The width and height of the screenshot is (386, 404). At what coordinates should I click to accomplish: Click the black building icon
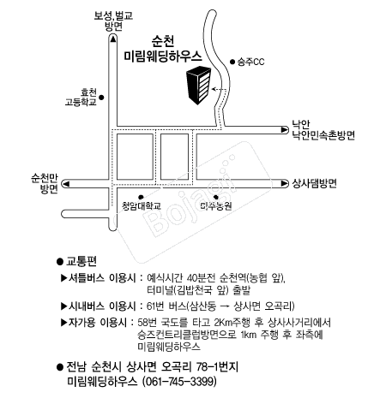click(x=198, y=85)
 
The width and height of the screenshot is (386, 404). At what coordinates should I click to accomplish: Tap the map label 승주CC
click(x=250, y=62)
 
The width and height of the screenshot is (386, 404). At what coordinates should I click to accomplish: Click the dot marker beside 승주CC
click(x=232, y=62)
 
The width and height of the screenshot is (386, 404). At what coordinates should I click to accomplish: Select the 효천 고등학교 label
click(x=81, y=98)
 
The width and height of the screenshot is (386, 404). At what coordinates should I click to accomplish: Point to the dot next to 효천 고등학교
click(x=101, y=98)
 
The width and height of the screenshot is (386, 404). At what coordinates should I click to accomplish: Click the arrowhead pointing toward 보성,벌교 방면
click(x=113, y=39)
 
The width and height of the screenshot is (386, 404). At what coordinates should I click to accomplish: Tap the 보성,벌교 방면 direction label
click(x=113, y=21)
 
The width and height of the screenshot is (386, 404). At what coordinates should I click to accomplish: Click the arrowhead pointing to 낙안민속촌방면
click(x=285, y=130)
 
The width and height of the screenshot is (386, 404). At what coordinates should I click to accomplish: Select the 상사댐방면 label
click(x=314, y=183)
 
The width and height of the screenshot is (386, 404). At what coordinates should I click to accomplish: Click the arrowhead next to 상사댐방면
click(x=285, y=183)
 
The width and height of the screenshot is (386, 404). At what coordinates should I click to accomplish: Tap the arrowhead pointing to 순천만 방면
click(x=66, y=184)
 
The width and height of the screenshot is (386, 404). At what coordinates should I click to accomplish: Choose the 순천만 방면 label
click(x=45, y=183)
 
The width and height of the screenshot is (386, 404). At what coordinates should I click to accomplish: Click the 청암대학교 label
click(x=142, y=206)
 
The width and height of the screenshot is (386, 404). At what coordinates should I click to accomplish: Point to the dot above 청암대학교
click(x=141, y=197)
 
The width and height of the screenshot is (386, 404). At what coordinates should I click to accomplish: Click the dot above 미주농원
click(x=216, y=197)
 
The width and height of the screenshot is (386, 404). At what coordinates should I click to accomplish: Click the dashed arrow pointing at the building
click(x=219, y=90)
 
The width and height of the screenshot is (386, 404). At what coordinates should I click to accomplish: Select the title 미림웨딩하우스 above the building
click(x=163, y=56)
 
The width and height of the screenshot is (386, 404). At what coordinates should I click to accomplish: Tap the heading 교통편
click(x=81, y=261)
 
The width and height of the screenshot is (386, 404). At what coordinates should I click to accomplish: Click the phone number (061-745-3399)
click(x=179, y=382)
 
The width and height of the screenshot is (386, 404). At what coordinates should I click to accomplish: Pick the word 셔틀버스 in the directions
click(x=87, y=278)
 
